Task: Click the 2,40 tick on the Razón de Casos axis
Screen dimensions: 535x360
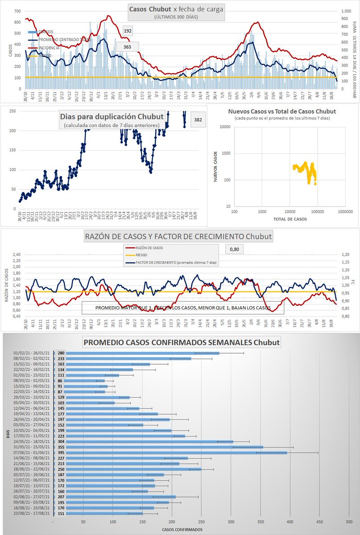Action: coord(16,255)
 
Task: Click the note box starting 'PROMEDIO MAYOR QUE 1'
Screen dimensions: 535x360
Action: coord(182,308)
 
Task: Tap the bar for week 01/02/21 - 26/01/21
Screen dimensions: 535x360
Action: coord(143,353)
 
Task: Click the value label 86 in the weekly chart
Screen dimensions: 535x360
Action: coord(60,381)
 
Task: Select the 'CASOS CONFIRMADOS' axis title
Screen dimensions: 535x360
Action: coord(182,530)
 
